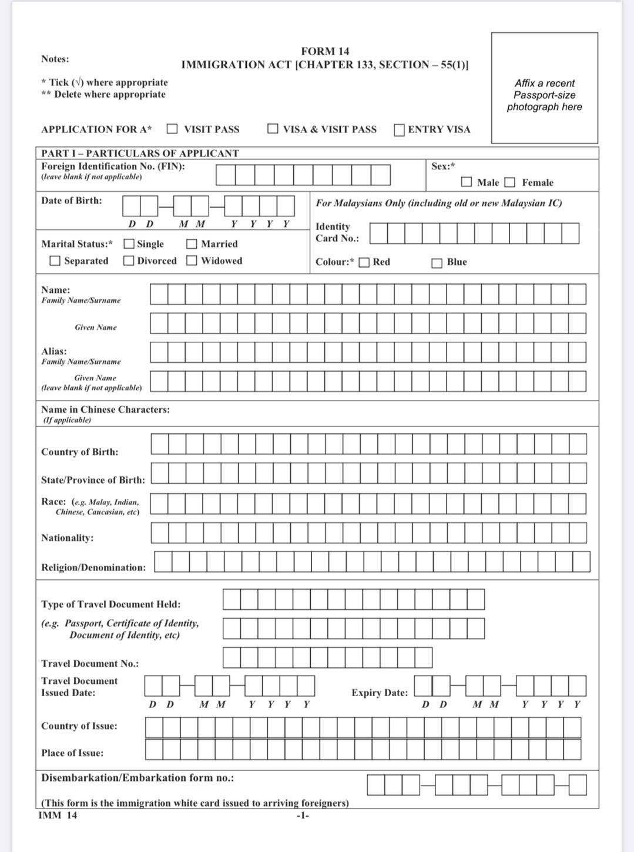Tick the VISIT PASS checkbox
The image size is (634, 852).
[172, 129]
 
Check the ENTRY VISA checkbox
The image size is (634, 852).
[400, 129]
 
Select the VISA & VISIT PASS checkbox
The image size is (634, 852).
[273, 129]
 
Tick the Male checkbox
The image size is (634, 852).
[467, 182]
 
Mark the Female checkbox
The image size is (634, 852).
[510, 182]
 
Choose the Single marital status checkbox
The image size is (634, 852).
[129, 244]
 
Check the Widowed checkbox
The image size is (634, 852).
[192, 260]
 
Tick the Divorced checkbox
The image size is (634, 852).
[129, 260]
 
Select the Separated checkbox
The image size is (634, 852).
[55, 260]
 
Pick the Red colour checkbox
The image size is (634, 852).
[364, 262]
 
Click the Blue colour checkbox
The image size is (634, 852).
[437, 263]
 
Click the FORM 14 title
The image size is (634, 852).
[325, 52]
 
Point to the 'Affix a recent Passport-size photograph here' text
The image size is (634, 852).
[545, 95]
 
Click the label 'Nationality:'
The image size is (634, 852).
[67, 538]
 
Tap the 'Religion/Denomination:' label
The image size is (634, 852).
[93, 567]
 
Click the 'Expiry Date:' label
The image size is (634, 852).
[380, 693]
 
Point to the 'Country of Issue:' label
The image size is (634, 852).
[79, 726]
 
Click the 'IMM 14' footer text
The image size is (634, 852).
[58, 815]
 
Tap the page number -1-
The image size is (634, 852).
[302, 816]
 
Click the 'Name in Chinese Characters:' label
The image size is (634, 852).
[105, 409]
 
